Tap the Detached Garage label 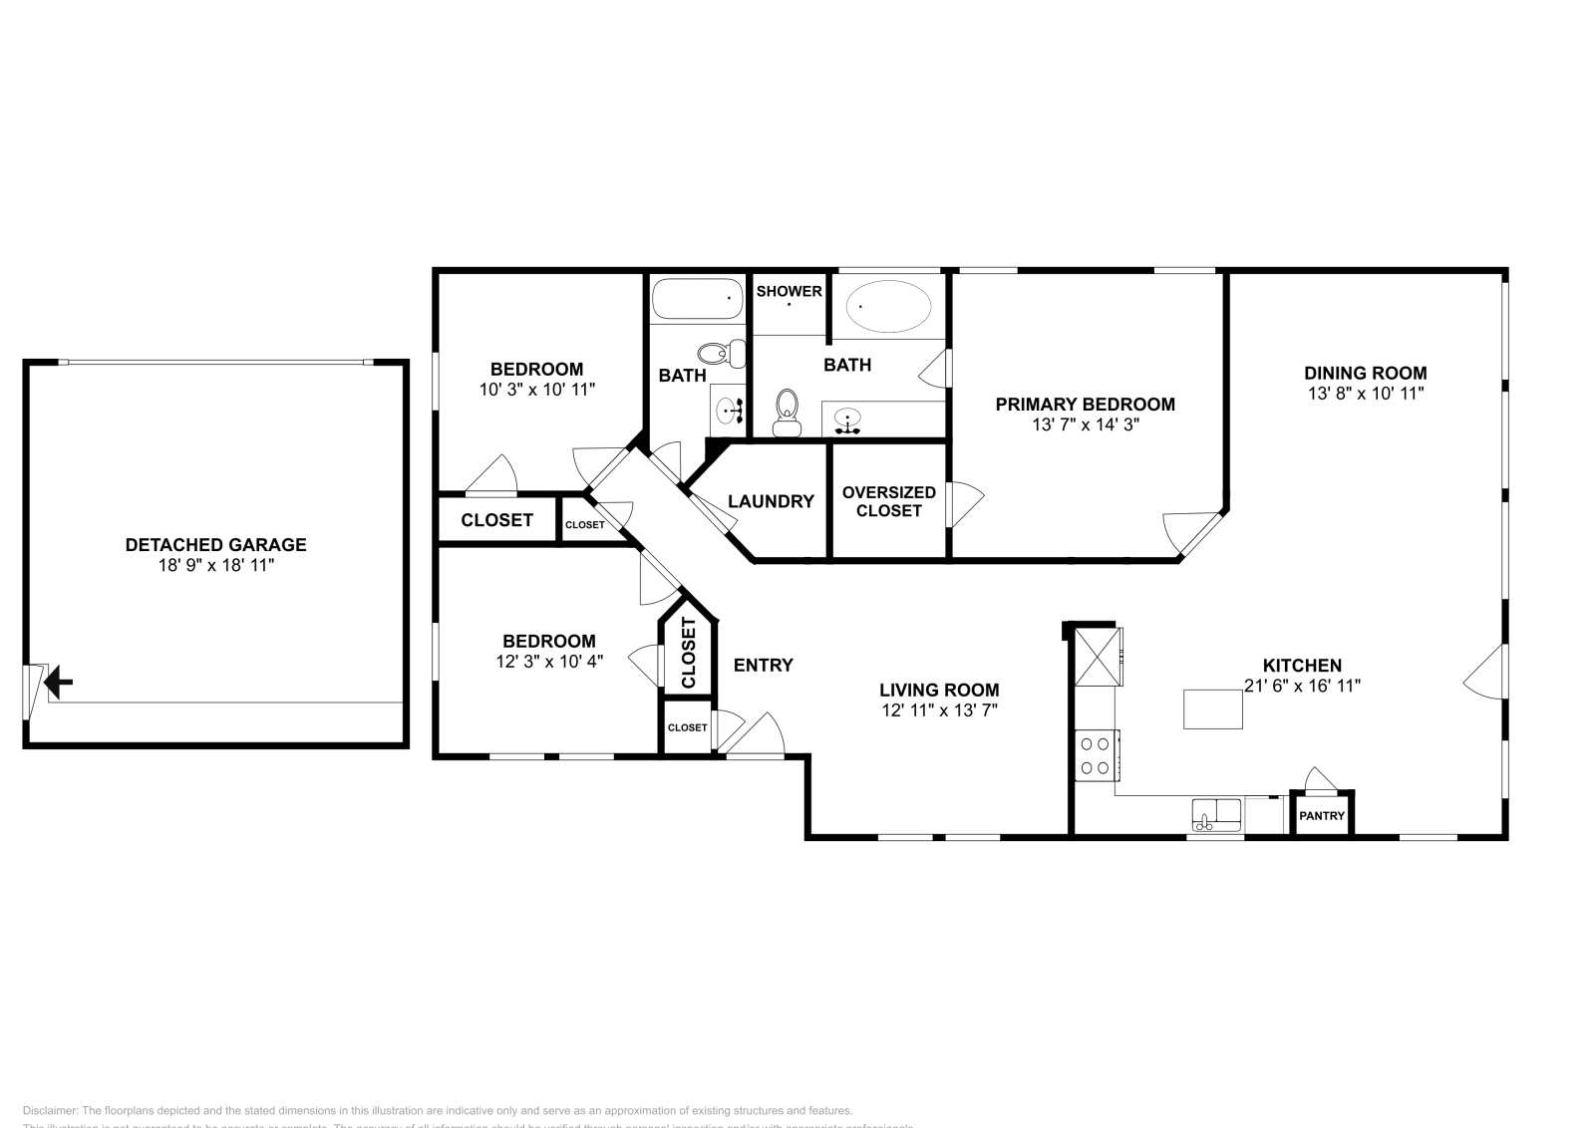pyautogui.click(x=215, y=545)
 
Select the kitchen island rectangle pyautogui.click(x=1213, y=708)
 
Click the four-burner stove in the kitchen pyautogui.click(x=1097, y=754)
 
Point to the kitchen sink pyautogui.click(x=1216, y=814)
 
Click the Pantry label pyautogui.click(x=1322, y=816)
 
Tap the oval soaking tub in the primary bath pyautogui.click(x=889, y=305)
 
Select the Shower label pyautogui.click(x=789, y=291)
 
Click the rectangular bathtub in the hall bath pyautogui.click(x=698, y=298)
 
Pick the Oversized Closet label pyautogui.click(x=888, y=501)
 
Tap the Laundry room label pyautogui.click(x=771, y=501)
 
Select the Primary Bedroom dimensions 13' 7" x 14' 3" pyautogui.click(x=1085, y=424)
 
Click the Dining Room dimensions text pyautogui.click(x=1365, y=394)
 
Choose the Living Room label pyautogui.click(x=939, y=690)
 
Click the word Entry pyautogui.click(x=763, y=665)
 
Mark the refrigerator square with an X pyautogui.click(x=1097, y=655)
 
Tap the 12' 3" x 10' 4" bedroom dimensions pyautogui.click(x=548, y=661)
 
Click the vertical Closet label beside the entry pyautogui.click(x=688, y=654)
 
